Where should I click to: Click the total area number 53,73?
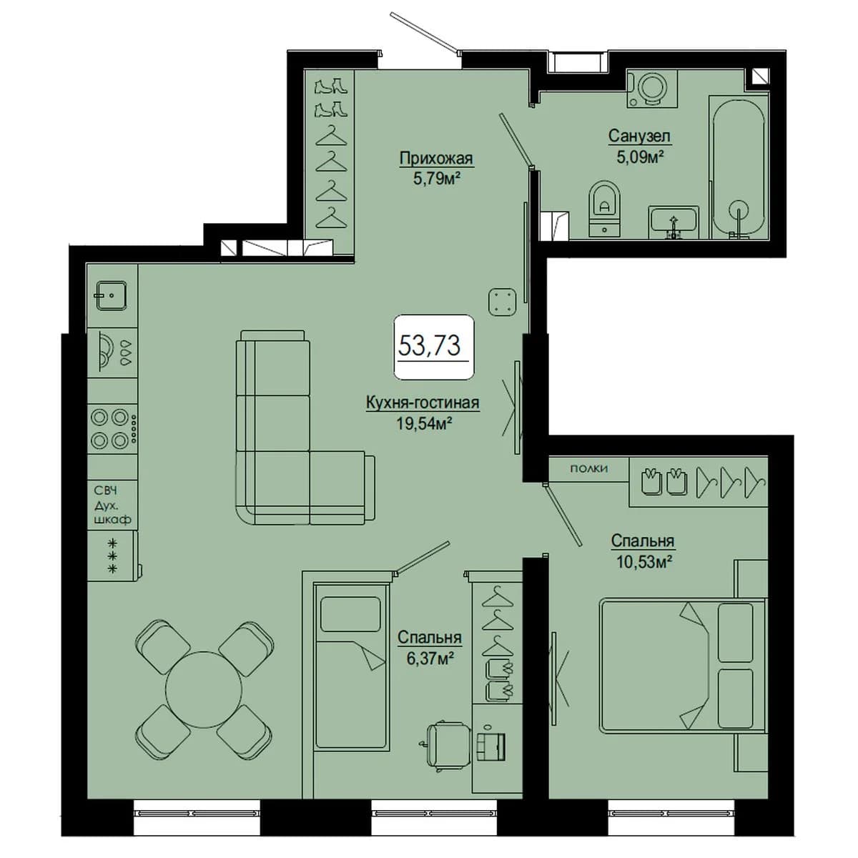(x=429, y=346)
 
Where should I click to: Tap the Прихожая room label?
(x=436, y=158)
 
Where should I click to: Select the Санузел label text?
(x=639, y=136)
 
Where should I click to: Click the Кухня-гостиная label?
(x=423, y=403)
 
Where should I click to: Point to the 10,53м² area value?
(x=643, y=562)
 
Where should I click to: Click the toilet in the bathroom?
(x=604, y=208)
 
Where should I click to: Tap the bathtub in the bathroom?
(x=739, y=169)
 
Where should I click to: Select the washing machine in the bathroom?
(x=652, y=89)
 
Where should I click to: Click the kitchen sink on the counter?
(x=112, y=295)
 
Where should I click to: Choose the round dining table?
(x=204, y=689)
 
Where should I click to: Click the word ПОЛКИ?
(x=588, y=469)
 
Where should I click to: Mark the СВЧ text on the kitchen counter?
(x=106, y=490)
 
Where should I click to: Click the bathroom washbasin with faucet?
(x=674, y=222)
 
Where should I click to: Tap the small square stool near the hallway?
(x=502, y=302)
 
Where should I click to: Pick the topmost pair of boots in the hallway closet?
(x=330, y=86)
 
